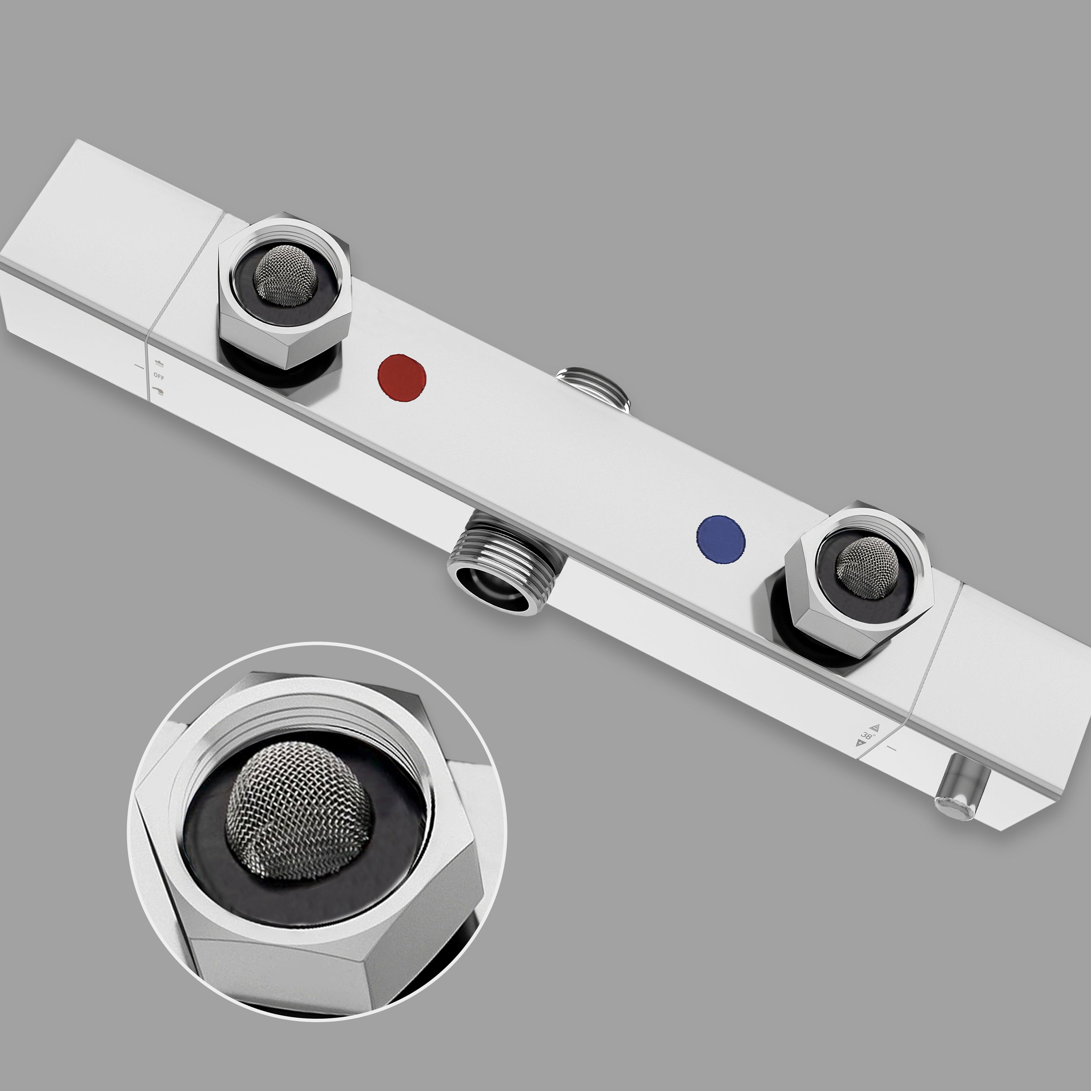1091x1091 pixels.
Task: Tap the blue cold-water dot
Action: pyautogui.click(x=721, y=539)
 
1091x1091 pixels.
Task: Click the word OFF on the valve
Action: pyautogui.click(x=159, y=375)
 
